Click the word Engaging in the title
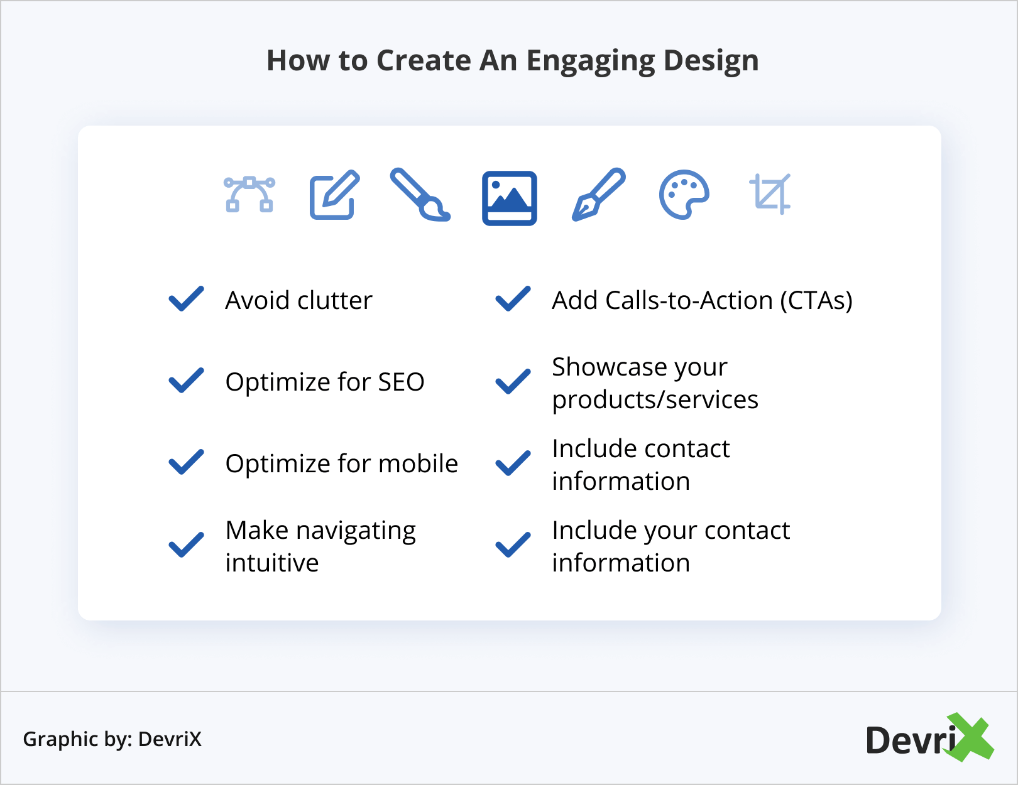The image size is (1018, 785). [x=590, y=62]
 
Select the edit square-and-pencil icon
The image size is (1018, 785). [x=334, y=194]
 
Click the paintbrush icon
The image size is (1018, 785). [x=420, y=194]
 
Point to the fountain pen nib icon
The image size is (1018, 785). [x=598, y=194]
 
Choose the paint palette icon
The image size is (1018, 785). [x=684, y=194]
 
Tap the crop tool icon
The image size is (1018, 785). [x=770, y=194]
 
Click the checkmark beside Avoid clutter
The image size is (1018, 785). [x=186, y=300]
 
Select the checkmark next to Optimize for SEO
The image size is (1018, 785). [x=186, y=381]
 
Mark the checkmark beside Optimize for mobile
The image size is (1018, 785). [x=186, y=463]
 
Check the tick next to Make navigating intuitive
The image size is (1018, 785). [x=186, y=545]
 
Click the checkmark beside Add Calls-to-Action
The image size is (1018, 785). [x=513, y=300]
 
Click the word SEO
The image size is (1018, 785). [x=401, y=382]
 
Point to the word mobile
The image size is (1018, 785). [x=418, y=463]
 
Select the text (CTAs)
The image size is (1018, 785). [x=816, y=301]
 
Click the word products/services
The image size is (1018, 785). [x=655, y=400]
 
